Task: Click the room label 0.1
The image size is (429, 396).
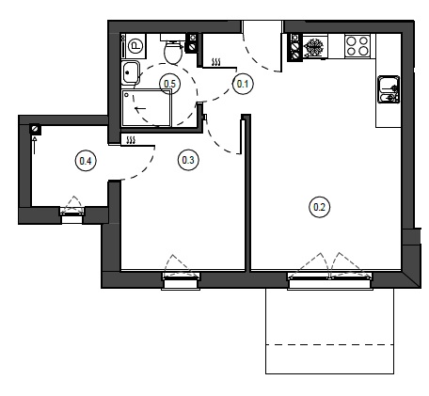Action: [243, 84]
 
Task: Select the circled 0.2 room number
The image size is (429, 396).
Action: [319, 207]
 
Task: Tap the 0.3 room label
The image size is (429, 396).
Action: [188, 160]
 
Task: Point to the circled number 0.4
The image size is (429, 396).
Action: [86, 161]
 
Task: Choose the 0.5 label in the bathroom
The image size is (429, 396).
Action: [170, 84]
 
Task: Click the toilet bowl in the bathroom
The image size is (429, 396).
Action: [173, 51]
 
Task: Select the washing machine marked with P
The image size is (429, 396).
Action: [134, 46]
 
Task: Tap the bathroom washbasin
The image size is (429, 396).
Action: [130, 73]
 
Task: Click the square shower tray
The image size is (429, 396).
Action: [147, 108]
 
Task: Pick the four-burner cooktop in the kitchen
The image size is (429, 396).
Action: [357, 46]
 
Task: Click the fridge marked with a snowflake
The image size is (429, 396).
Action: [315, 47]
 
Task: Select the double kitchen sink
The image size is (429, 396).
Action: [389, 89]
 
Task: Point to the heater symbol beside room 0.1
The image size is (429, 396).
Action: [216, 62]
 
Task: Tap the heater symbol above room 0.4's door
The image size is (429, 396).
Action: [131, 140]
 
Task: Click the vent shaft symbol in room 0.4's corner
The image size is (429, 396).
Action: [35, 129]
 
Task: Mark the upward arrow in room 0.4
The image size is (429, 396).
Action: [35, 145]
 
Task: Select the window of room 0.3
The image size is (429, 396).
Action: [181, 280]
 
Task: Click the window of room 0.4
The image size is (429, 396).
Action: [71, 215]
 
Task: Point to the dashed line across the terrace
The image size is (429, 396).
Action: [329, 345]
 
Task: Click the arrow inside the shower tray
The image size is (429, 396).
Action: [140, 109]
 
